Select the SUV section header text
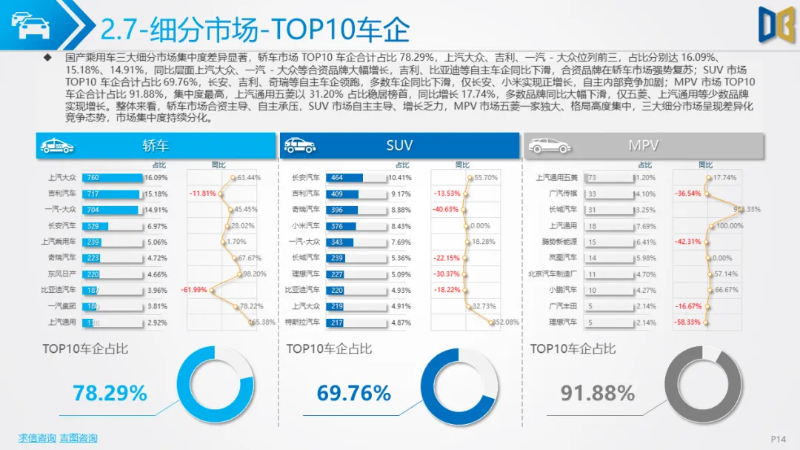click(x=399, y=145)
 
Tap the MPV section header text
click(x=643, y=145)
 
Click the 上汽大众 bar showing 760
click(x=113, y=178)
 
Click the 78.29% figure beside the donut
click(x=110, y=393)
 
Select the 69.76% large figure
click(x=353, y=393)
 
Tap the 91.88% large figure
click(x=597, y=393)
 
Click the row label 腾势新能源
click(x=559, y=242)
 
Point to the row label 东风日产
click(x=61, y=274)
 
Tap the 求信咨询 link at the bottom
click(x=37, y=437)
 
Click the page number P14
click(x=778, y=440)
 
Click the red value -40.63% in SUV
click(x=447, y=210)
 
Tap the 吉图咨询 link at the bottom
click(x=78, y=437)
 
